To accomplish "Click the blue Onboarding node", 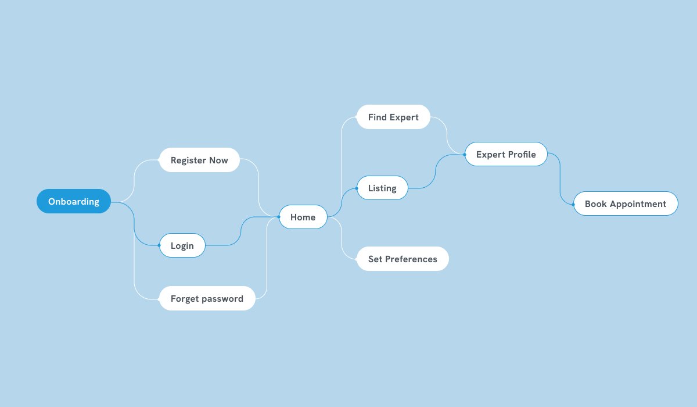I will coord(74,202).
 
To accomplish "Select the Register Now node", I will coord(199,160).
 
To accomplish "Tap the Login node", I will coord(182,245).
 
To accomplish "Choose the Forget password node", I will coord(207,298).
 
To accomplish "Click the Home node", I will coord(303,217).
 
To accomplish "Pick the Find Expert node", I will coord(393,117).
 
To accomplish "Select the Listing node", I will coord(382,188).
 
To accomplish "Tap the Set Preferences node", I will coord(403,259).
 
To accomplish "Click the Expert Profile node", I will coord(506,154).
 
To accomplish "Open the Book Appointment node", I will coord(626,203).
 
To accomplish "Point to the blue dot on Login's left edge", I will coord(159,245).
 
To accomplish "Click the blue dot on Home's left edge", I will coord(279,217).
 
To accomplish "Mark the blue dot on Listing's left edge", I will coord(357,188).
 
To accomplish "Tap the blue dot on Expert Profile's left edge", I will coord(465,154).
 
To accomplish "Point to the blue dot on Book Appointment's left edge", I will coord(574,204).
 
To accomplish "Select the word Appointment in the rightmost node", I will coord(638,204).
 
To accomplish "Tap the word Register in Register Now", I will coord(189,160).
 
